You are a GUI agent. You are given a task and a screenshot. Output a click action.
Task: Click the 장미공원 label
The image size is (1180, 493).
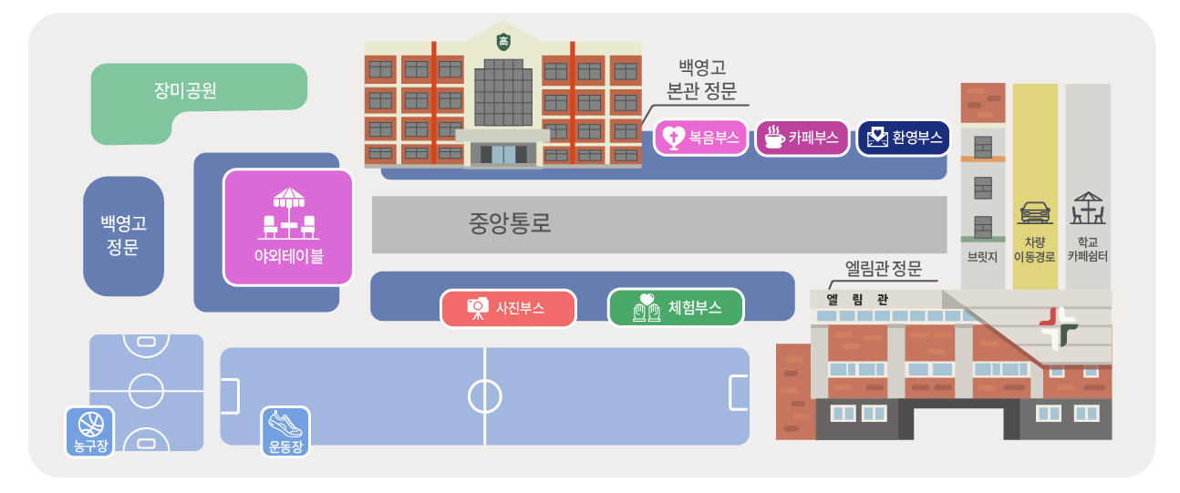coord(185,91)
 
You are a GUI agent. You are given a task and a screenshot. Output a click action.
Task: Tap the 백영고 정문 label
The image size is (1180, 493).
coord(123,235)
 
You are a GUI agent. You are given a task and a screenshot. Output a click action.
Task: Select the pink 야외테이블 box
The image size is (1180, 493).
coord(288,227)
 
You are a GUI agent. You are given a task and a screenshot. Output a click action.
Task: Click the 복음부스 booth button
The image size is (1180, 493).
coord(700,139)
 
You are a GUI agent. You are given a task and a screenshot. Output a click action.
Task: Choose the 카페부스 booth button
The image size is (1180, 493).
coord(802,139)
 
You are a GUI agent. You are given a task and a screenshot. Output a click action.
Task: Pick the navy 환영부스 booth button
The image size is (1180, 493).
coord(903,139)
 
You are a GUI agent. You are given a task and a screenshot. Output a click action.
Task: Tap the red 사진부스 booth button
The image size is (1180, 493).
coord(508,308)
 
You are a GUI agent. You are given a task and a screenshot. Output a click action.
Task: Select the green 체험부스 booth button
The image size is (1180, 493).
coord(676,308)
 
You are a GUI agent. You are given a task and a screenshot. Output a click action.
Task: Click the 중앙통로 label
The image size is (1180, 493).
coord(510,223)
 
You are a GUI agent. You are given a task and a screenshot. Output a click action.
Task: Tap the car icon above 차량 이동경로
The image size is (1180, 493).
coord(1034,211)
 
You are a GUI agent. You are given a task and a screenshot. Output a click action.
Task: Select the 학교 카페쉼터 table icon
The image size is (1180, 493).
coord(1088,210)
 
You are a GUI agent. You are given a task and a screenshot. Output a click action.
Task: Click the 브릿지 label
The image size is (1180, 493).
coord(982,257)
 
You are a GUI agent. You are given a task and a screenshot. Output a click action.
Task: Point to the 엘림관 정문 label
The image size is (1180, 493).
coord(884,269)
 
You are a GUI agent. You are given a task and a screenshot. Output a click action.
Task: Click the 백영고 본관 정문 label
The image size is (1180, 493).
coord(702,78)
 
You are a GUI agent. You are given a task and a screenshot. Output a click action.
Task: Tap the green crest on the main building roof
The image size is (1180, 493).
coord(502,41)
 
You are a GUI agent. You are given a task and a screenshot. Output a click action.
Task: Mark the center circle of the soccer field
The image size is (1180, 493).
coord(485,395)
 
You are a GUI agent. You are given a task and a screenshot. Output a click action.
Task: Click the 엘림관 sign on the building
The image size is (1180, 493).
coord(858,299)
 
